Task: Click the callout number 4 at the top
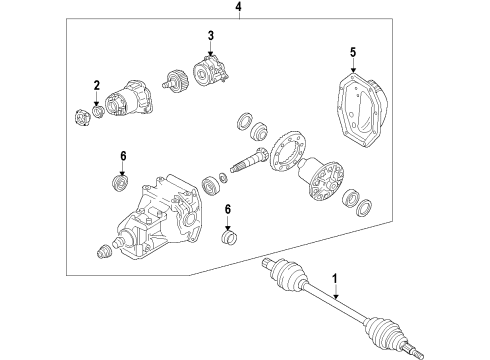point(239,7)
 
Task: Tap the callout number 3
point(211,36)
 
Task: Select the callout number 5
point(353,52)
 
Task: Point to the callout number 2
point(97,85)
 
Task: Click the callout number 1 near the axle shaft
point(335,278)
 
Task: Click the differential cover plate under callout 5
point(360,110)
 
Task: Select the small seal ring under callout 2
point(98,111)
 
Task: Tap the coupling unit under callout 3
point(211,72)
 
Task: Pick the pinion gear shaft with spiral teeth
point(249,159)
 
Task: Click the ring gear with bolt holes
point(287,151)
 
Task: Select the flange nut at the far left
point(82,118)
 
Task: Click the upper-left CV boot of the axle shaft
point(288,275)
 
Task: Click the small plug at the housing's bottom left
point(104,251)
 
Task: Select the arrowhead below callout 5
point(353,70)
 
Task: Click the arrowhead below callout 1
point(336,296)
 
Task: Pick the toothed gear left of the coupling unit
point(177,81)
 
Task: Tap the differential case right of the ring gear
point(320,178)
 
